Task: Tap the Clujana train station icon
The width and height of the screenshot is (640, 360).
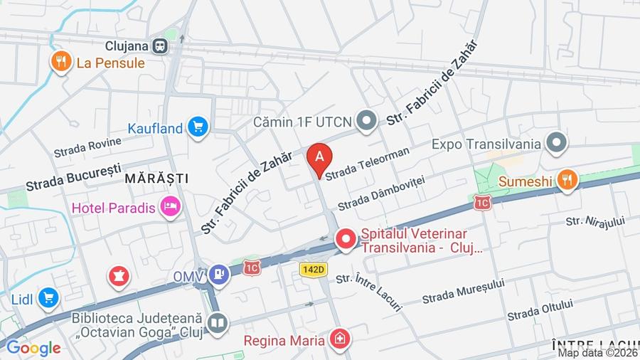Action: coord(161,46)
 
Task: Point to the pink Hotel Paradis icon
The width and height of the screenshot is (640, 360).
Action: coord(171,208)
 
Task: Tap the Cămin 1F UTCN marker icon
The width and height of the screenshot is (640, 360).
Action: coord(367,122)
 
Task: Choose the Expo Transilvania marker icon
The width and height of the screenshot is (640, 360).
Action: coord(556,143)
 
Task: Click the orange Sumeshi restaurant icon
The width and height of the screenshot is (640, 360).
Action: coord(567,181)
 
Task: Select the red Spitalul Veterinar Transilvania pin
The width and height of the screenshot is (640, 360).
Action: coord(346,239)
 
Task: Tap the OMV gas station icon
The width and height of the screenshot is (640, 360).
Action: coord(220,275)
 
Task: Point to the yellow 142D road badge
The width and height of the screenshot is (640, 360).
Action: coord(313,269)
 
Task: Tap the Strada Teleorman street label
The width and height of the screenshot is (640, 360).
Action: coord(368,163)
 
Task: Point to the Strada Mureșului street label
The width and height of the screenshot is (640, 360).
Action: coord(463,291)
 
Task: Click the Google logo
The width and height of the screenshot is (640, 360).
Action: coord(33,348)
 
